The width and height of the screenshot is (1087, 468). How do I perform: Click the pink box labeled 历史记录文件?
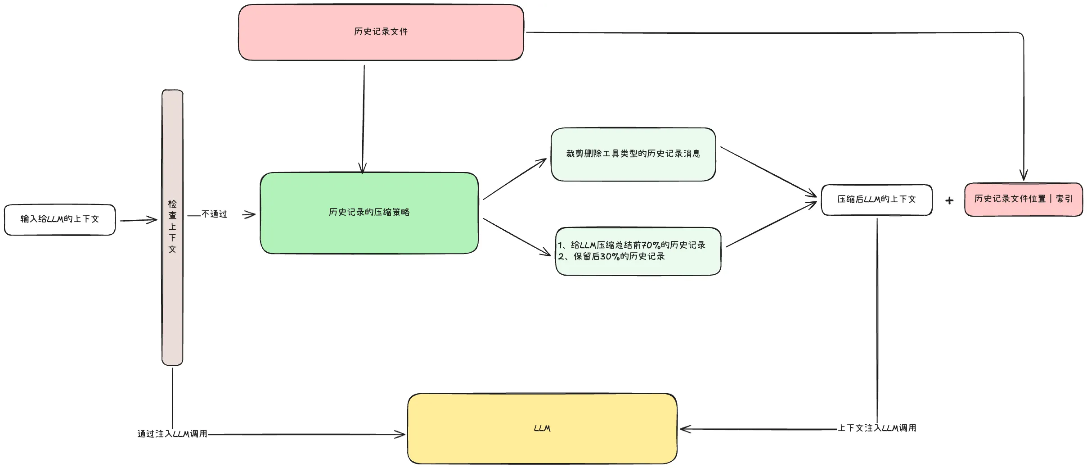381,32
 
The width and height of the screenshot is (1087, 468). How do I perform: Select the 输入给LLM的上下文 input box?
59,219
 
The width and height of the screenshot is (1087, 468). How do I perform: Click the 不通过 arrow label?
214,214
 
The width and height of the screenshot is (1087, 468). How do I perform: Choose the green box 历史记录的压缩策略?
369,213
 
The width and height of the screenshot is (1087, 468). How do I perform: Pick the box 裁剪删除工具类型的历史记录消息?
633,154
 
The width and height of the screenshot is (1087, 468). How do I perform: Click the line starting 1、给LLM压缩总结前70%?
632,245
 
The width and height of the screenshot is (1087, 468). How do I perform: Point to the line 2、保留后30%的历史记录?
612,256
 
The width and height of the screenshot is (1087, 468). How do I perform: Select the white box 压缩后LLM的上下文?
876,200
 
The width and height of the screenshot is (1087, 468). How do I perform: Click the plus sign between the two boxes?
949,200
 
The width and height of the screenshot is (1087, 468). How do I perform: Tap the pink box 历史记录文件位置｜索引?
1023,199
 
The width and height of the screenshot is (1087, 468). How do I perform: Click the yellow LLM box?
542,428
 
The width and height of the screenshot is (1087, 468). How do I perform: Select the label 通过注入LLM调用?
172,434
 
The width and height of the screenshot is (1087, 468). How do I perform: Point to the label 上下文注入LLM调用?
876,428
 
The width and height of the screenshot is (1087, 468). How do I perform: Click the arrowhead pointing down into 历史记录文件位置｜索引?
1024,176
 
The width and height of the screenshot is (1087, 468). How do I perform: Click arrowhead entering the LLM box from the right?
685,429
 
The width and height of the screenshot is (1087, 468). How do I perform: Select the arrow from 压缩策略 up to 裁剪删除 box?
514,179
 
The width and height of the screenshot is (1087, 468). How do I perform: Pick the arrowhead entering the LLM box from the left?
400,434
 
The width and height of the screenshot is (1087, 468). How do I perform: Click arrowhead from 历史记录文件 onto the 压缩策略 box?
363,169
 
